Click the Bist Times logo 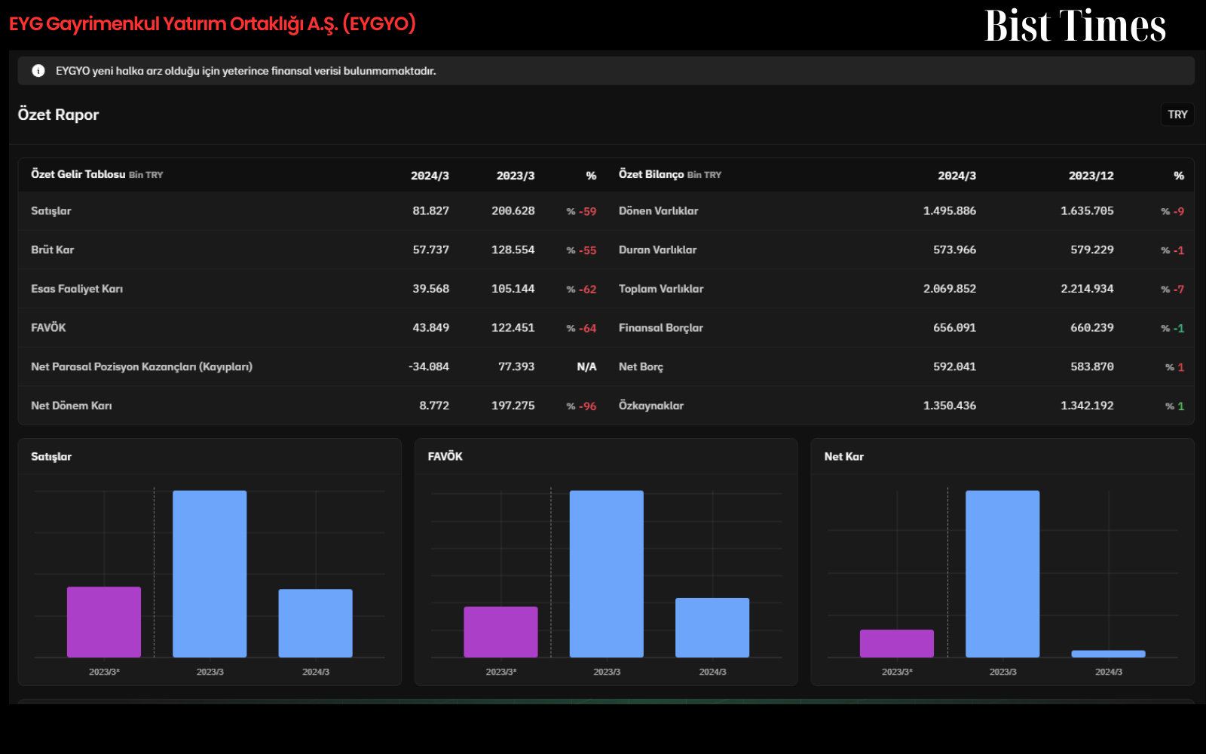pos(1075,26)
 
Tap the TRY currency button pos(1177,115)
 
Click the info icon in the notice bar pos(38,71)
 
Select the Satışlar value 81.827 pos(430,210)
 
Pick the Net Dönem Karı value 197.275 pos(513,406)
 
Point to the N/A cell pos(586,366)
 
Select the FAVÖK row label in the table pos(48,327)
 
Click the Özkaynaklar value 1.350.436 pos(949,406)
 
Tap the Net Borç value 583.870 pos(1092,366)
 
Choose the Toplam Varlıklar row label pos(661,289)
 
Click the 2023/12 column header pos(1091,176)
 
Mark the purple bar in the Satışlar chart pos(104,622)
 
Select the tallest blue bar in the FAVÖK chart pos(606,574)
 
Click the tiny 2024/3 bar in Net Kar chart pos(1108,654)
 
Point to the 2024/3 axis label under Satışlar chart pos(316,672)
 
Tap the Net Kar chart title pos(843,457)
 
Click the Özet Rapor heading pos(58,115)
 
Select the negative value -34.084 pos(429,366)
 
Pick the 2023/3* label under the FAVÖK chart pos(500,672)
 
